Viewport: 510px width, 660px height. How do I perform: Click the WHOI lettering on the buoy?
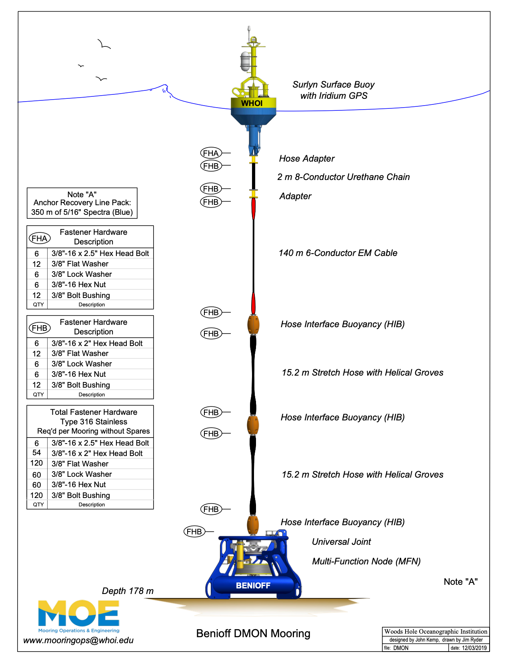pos(252,103)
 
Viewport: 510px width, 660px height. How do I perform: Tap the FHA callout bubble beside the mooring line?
pos(211,153)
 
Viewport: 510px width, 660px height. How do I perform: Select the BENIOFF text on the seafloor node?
pos(253,586)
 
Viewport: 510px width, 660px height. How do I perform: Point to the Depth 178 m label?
pos(128,591)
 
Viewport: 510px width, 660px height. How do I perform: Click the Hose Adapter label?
pos(307,159)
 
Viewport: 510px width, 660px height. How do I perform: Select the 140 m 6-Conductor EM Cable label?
pos(338,253)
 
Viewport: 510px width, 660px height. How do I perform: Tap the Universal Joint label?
pos(341,542)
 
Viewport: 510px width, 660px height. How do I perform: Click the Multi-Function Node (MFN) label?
pos(366,561)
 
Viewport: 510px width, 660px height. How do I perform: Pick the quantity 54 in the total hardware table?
pos(37,453)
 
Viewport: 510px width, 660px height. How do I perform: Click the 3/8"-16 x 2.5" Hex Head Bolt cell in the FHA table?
pos(100,253)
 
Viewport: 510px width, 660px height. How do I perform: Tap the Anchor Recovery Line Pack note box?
pos(82,203)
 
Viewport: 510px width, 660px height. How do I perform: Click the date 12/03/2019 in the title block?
pos(474,648)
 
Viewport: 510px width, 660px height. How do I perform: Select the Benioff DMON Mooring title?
pos(253,634)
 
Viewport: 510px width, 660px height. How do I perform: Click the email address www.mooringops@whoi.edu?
pos(78,640)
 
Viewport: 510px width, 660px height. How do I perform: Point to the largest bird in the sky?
pos(104,44)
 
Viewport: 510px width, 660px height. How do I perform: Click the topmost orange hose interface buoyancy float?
pos(253,324)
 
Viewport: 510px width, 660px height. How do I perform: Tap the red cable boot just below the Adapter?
pos(253,208)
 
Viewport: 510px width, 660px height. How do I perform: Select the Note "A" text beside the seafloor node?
pos(461,582)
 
